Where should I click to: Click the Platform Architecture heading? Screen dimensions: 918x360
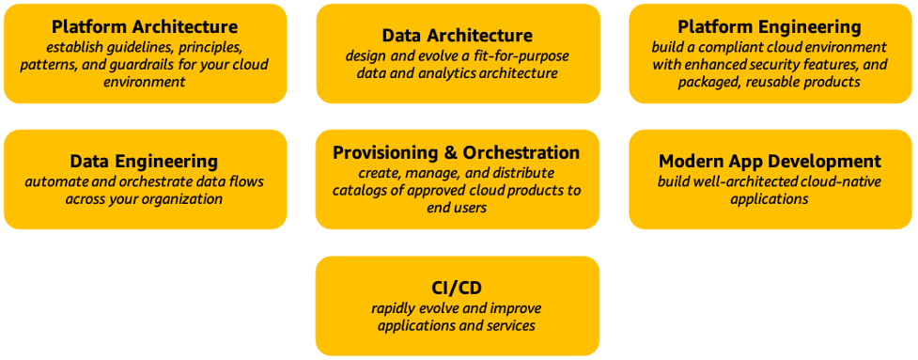145,26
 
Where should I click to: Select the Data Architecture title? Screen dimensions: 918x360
458,35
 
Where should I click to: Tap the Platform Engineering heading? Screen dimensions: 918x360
770,26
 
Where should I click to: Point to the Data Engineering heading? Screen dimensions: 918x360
144,162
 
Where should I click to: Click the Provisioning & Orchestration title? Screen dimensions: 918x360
457,152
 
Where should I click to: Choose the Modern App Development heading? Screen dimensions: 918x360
770,161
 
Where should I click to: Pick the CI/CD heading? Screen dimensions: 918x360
456,288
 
